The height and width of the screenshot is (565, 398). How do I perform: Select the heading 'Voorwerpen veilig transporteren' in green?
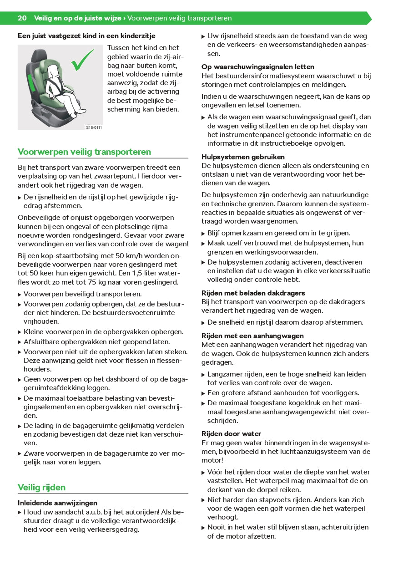click(84, 152)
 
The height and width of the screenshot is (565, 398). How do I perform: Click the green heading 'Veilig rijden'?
click(41, 488)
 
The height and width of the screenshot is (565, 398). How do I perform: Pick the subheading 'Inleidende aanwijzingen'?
click(57, 503)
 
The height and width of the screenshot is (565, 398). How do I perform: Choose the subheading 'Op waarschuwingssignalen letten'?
click(251, 67)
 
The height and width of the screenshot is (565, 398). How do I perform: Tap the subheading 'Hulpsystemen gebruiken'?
click(243, 157)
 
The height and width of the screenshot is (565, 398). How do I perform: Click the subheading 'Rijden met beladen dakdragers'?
click(253, 293)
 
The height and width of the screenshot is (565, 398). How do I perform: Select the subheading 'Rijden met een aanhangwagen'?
click(252, 336)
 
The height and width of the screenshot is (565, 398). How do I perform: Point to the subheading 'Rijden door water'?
click(232, 434)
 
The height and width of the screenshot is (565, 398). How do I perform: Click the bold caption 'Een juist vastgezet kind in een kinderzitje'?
click(86, 35)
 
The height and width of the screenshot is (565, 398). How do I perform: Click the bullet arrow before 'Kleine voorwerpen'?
click(20, 332)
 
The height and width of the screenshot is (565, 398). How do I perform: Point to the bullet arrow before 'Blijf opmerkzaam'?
click(203, 234)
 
